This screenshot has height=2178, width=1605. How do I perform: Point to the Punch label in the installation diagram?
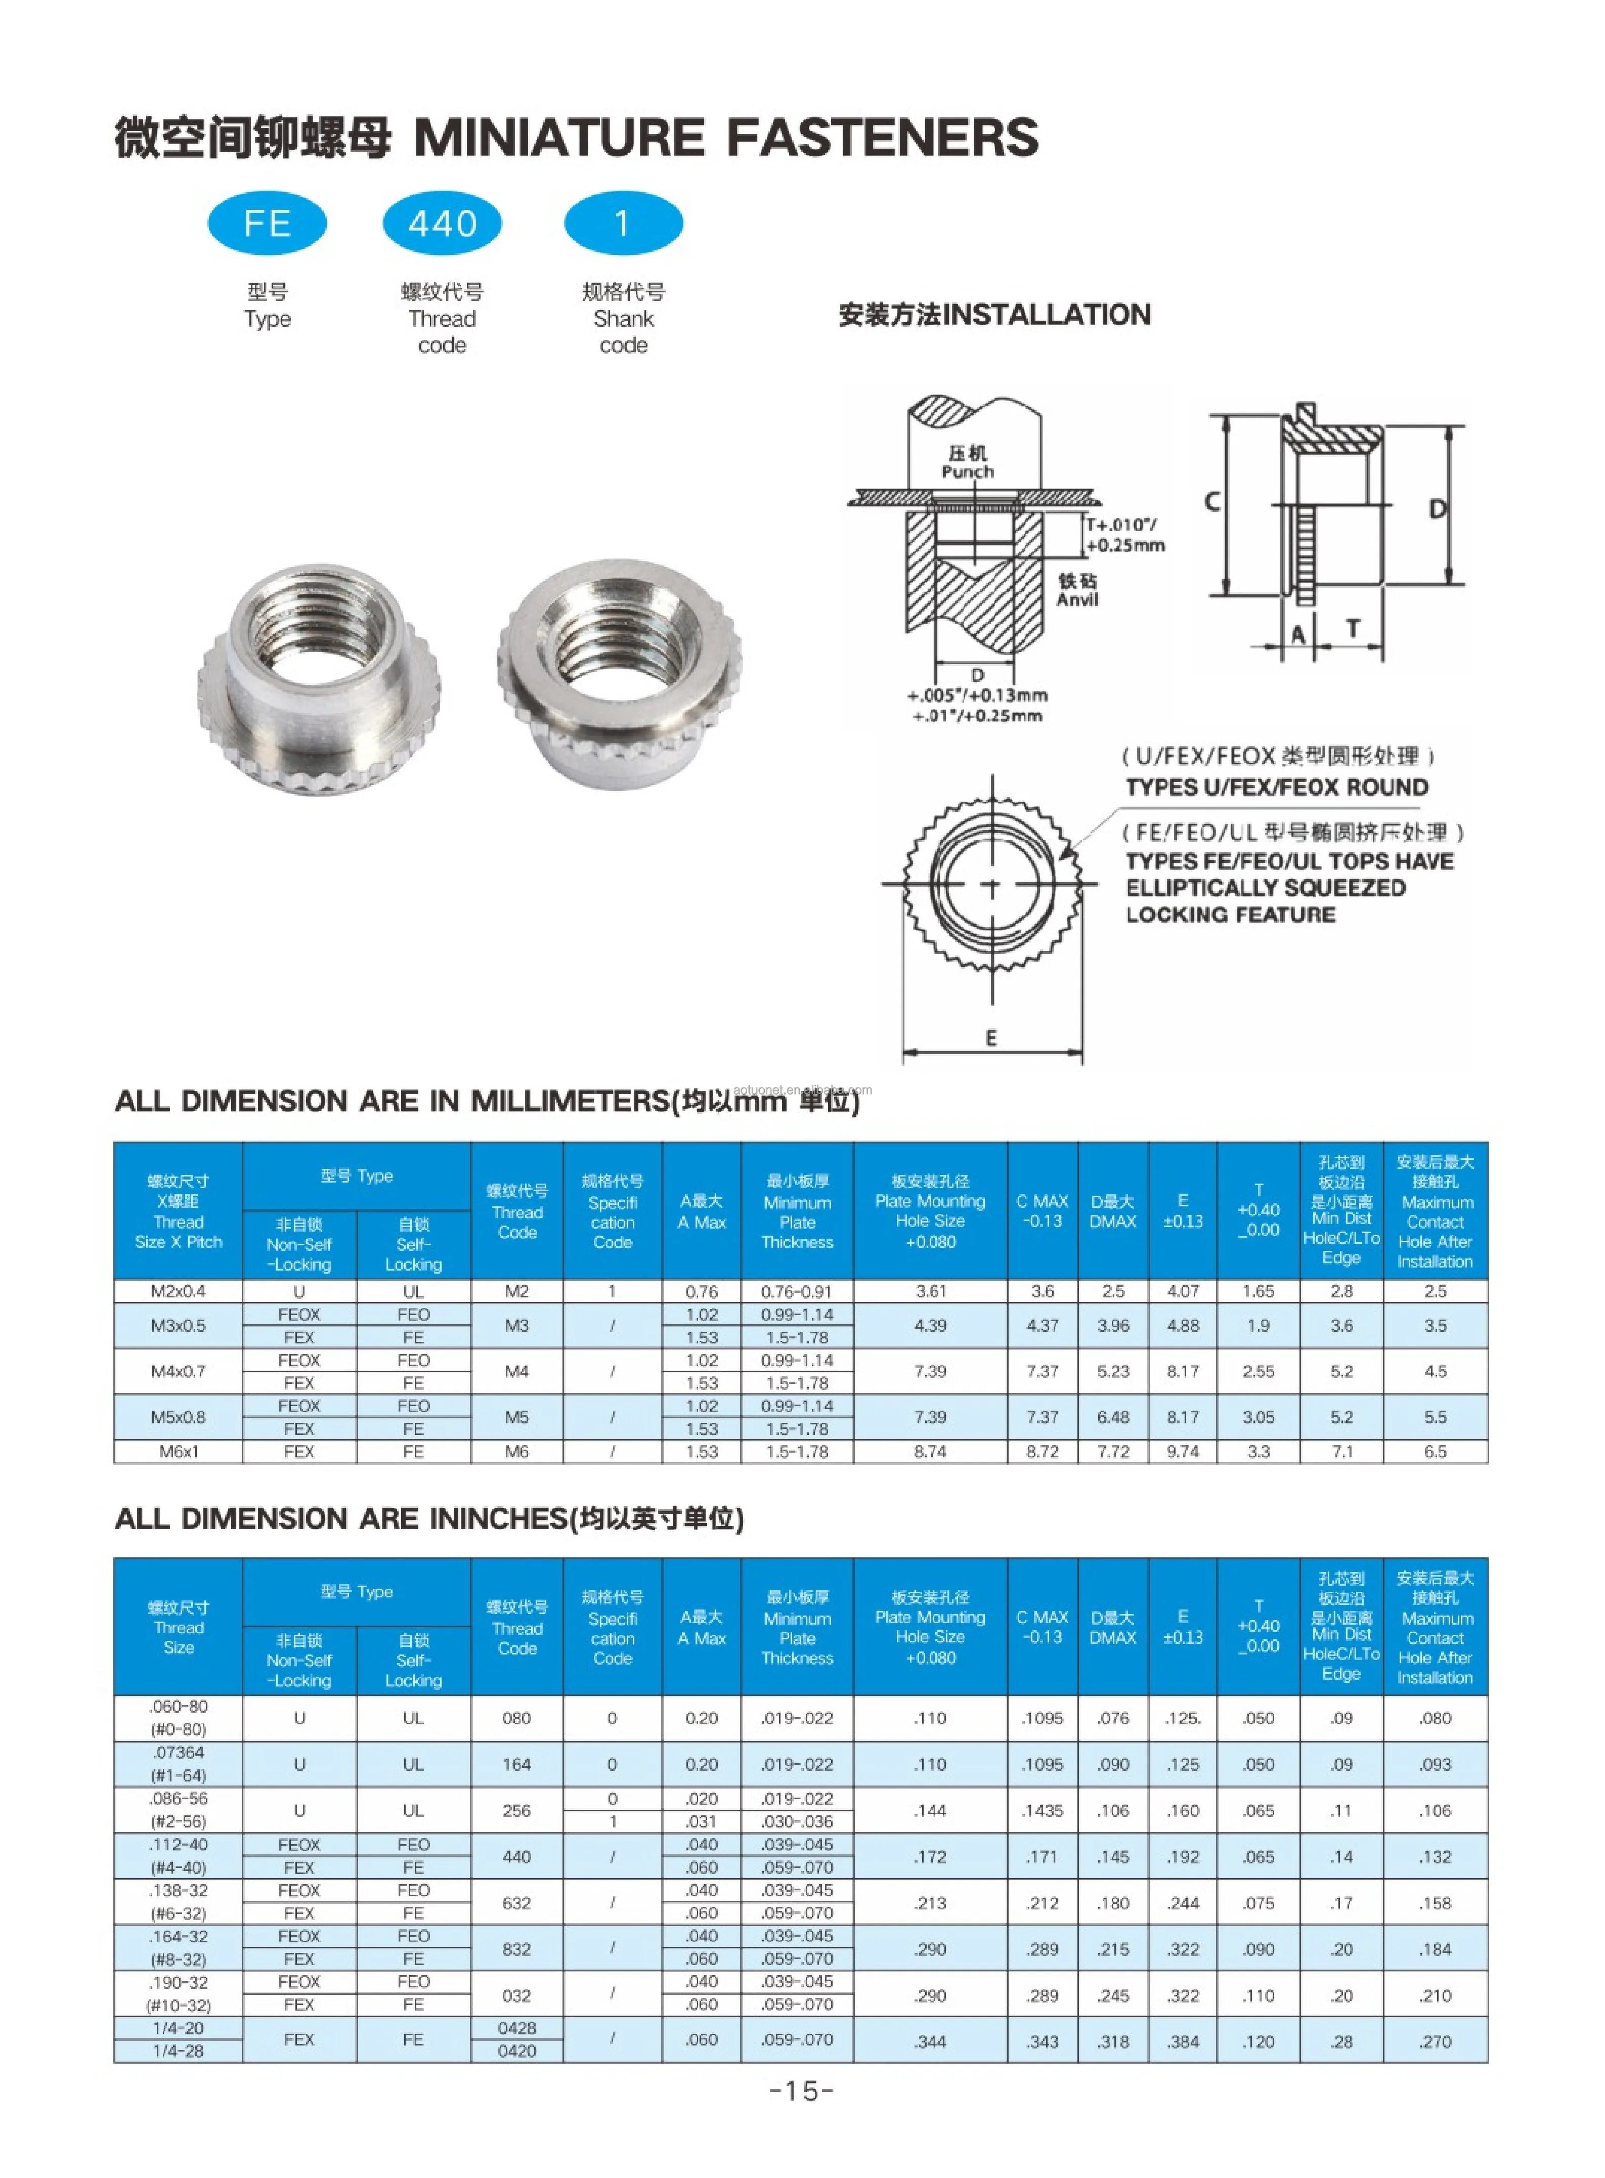[x=968, y=472]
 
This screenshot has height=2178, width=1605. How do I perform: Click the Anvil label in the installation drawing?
[x=1077, y=599]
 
